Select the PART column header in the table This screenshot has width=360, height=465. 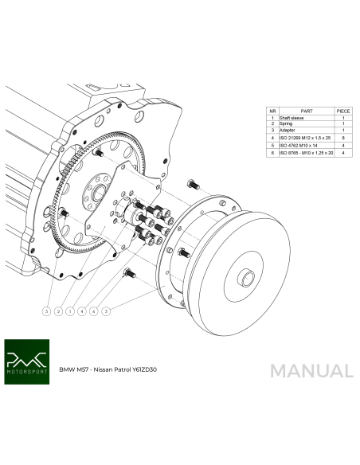tap(307, 111)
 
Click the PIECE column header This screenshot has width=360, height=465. tap(343, 111)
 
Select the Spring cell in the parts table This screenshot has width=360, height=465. tap(288, 124)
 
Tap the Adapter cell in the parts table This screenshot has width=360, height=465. tap(290, 131)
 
